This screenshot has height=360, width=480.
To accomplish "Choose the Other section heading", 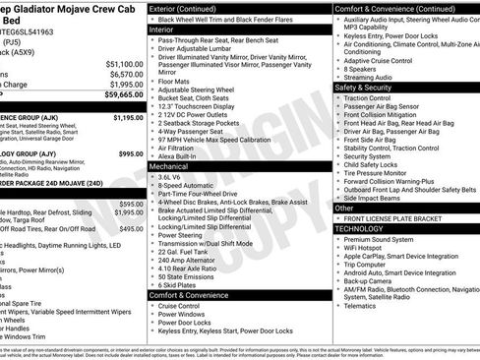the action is tap(344, 208).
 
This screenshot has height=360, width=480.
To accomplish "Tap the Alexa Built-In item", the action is tap(185, 156).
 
